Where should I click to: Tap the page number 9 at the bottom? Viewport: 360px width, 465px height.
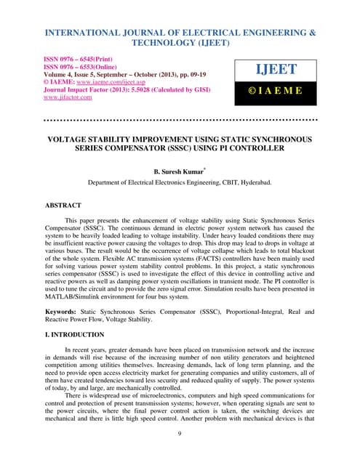[x=179, y=434]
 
